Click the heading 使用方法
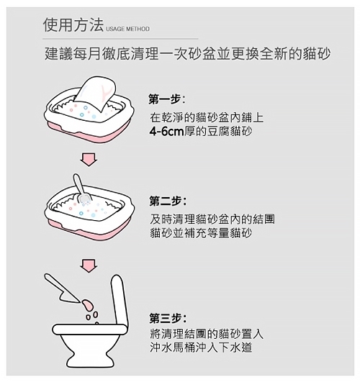(x=73, y=25)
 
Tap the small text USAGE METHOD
(x=127, y=29)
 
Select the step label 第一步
(x=165, y=99)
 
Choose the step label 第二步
(x=166, y=201)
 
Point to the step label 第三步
(x=166, y=318)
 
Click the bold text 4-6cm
(x=166, y=132)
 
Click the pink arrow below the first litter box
(x=89, y=160)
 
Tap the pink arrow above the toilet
(x=89, y=265)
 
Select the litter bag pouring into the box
(x=94, y=92)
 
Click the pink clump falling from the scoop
(x=87, y=304)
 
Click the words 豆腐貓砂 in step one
(x=230, y=132)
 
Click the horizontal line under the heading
(x=120, y=39)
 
